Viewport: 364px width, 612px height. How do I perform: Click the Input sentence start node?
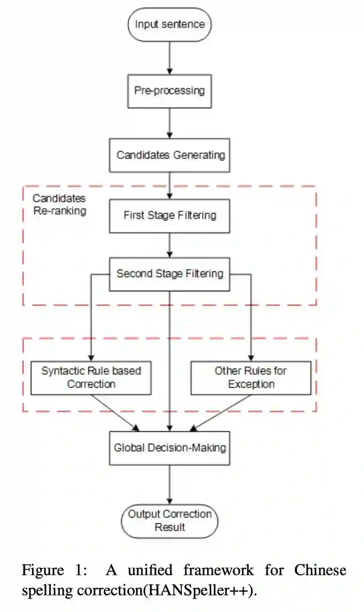169,24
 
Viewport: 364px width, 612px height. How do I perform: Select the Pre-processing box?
169,91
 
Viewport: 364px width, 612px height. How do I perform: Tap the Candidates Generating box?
169,155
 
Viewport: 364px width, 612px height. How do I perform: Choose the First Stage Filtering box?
169,216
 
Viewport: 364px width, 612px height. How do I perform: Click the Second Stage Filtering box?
169,274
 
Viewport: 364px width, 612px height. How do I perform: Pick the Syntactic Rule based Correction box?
91,378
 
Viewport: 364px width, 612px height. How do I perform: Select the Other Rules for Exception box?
250,378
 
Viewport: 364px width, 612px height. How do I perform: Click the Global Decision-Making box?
169,448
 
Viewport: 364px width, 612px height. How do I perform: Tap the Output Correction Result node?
169,521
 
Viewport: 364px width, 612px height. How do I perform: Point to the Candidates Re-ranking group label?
59,204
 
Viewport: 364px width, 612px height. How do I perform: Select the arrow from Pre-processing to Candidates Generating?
169,123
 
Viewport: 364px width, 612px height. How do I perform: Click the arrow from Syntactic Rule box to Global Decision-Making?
115,412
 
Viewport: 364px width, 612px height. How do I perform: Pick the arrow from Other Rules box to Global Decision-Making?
222,412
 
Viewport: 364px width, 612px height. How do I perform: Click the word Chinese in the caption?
320,570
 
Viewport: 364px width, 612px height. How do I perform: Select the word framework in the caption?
218,570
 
